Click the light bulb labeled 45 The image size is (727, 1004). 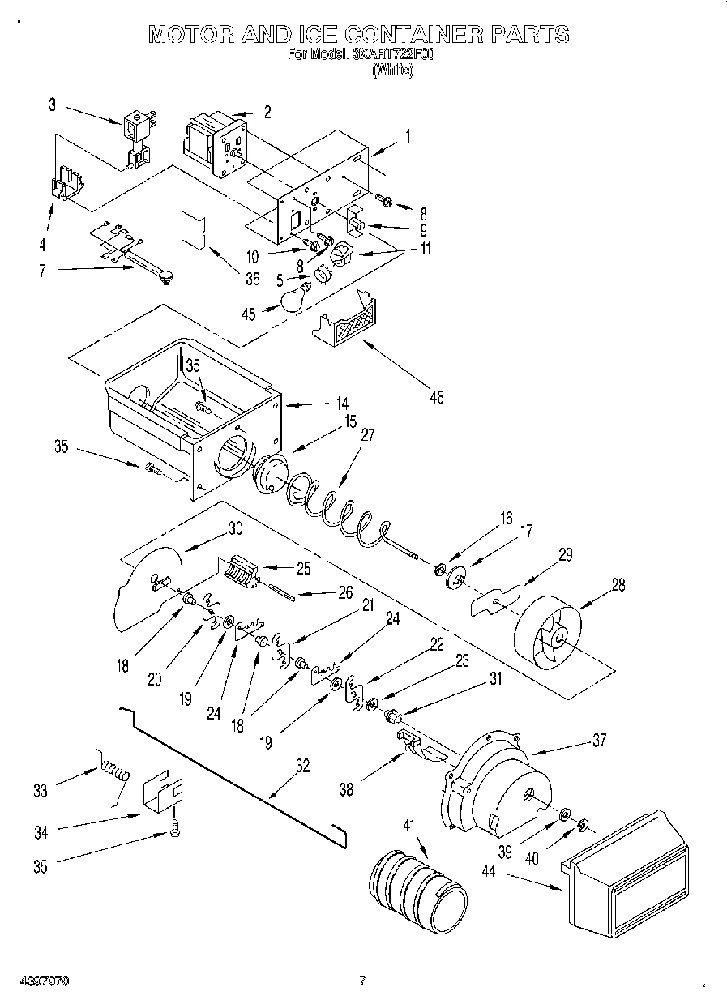point(295,298)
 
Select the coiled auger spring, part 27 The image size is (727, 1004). point(332,510)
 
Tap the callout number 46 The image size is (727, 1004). point(437,397)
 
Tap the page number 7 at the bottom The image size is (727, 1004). point(363,981)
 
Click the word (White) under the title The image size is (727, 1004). point(393,70)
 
